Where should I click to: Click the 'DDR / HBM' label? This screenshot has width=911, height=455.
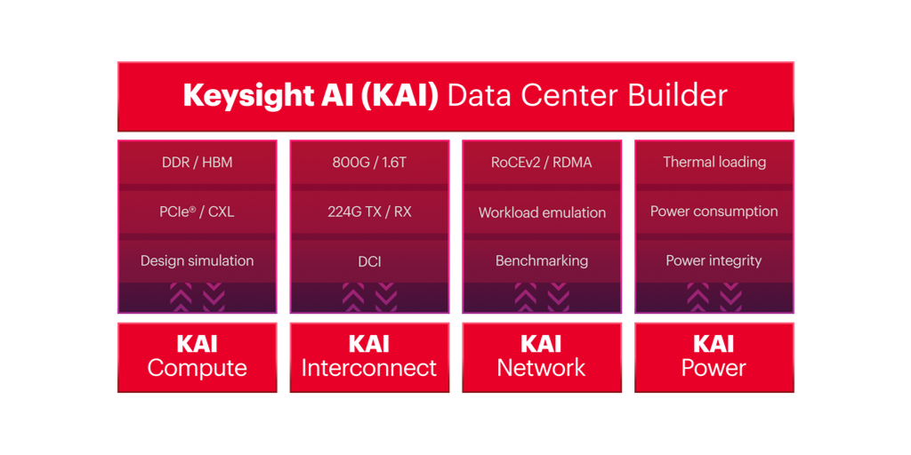pyautogui.click(x=197, y=163)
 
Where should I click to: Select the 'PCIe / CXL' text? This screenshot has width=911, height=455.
pyautogui.click(x=197, y=212)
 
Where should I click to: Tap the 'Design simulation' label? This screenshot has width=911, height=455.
pyautogui.click(x=197, y=260)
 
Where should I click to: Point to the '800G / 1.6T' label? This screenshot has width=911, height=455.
pyautogui.click(x=369, y=163)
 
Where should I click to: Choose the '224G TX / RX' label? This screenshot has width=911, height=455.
pyautogui.click(x=369, y=212)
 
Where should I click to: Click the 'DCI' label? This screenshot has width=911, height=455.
pyautogui.click(x=369, y=261)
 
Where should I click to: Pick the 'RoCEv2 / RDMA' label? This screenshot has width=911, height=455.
pyautogui.click(x=541, y=163)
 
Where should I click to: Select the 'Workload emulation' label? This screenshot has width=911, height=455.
pyautogui.click(x=542, y=212)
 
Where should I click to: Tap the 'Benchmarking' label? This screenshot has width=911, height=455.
pyautogui.click(x=541, y=261)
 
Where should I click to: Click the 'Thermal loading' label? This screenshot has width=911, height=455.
pyautogui.click(x=713, y=162)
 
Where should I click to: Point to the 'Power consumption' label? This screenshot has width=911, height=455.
pyautogui.click(x=713, y=212)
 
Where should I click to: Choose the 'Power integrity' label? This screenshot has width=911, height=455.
pyautogui.click(x=713, y=260)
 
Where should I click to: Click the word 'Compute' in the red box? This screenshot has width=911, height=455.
pyautogui.click(x=197, y=369)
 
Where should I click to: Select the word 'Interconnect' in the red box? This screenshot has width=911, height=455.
pyautogui.click(x=369, y=368)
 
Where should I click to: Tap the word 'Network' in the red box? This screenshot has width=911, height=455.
pyautogui.click(x=541, y=368)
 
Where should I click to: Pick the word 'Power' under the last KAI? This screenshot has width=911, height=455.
pyautogui.click(x=713, y=368)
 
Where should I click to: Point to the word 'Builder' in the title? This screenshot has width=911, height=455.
pyautogui.click(x=678, y=95)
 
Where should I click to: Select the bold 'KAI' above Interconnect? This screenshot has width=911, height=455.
pyautogui.click(x=369, y=344)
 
